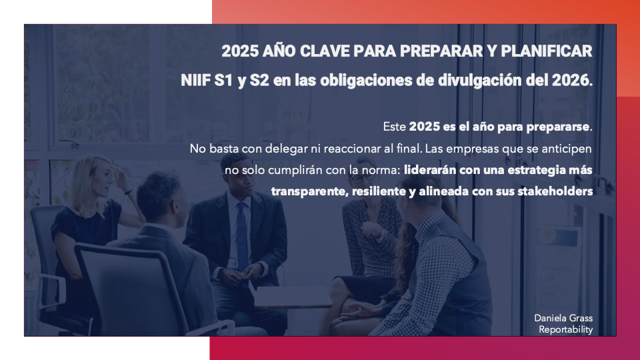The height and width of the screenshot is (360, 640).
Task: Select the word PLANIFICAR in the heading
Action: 546,51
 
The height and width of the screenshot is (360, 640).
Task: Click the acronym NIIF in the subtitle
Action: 195,81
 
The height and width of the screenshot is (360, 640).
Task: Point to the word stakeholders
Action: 555,191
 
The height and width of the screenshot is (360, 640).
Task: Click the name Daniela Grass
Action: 563,318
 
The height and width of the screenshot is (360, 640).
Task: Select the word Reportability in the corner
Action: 566,329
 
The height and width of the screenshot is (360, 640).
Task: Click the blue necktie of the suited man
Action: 242,236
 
